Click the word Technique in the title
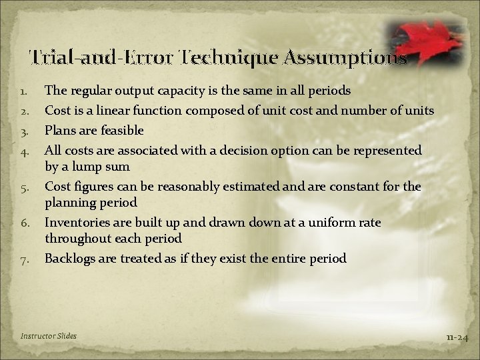tap(219, 58)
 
